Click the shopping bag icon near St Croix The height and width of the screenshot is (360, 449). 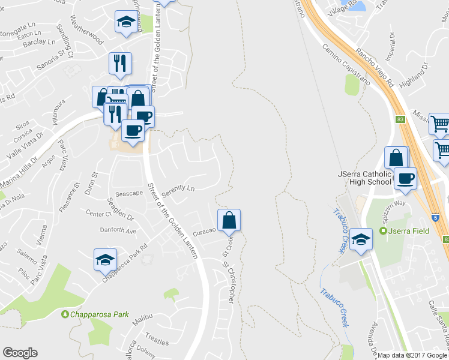(229, 220)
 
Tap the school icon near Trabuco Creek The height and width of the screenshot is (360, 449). (361, 239)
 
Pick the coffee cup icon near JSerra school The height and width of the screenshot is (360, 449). (406, 179)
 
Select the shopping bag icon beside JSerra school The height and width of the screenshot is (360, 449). (396, 158)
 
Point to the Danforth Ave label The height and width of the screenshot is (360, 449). (119, 231)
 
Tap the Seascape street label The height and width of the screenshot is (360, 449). (129, 194)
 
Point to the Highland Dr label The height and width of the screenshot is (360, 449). (415, 74)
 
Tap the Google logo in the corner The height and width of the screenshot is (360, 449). (20, 353)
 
